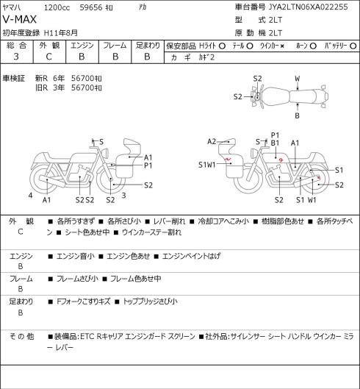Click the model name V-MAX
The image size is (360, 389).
20,20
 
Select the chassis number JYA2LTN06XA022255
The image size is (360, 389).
309,7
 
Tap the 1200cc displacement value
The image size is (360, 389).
57,7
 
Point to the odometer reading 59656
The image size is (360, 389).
91,7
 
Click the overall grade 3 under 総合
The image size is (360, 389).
16,57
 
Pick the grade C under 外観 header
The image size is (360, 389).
48,57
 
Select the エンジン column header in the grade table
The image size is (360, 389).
82,46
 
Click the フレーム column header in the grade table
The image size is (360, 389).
115,46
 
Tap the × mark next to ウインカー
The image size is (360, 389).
282,46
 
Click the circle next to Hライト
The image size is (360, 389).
222,46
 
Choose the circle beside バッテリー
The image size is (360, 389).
353,46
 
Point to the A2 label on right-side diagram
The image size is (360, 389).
212,142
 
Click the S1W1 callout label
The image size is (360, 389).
207,165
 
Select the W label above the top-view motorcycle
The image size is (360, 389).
298,79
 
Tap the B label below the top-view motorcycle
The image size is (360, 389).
297,115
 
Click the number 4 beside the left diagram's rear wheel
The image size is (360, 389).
30,196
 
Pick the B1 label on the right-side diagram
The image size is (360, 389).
275,143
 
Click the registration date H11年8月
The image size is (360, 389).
61,33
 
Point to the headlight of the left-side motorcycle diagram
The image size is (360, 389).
106,152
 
